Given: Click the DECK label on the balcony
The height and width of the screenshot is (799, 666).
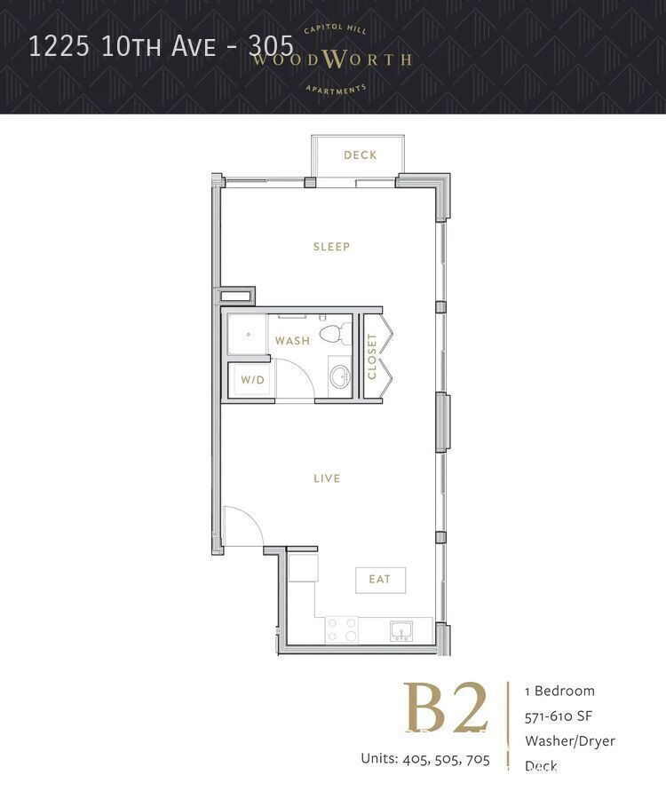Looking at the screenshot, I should pos(360,155).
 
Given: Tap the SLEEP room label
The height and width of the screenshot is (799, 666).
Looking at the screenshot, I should pos(331,247).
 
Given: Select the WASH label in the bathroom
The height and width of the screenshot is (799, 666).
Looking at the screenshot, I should pos(292,341).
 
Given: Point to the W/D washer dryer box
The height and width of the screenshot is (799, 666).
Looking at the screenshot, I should pos(252,380).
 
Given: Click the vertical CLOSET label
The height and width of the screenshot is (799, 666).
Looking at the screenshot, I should pos(372,356).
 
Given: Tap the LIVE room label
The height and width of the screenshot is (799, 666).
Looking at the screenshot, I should pos(327,479).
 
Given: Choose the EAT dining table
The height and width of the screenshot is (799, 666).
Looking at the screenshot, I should pos(380,580).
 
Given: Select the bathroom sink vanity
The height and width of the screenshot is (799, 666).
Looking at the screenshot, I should pos(339,377).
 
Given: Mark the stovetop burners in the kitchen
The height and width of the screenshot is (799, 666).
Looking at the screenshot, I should pos(342,630).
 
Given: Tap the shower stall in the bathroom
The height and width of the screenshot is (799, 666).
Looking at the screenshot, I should pos(249,335).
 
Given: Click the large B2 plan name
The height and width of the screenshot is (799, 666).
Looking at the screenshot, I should pos(446,709).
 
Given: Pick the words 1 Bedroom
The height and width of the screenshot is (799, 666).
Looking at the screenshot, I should pos(559,691).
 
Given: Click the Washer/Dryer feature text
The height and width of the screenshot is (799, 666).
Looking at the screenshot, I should pos(569,740).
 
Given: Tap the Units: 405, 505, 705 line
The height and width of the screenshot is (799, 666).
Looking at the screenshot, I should pos(424,758).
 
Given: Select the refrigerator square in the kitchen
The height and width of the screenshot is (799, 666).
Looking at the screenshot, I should pos(303,566).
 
